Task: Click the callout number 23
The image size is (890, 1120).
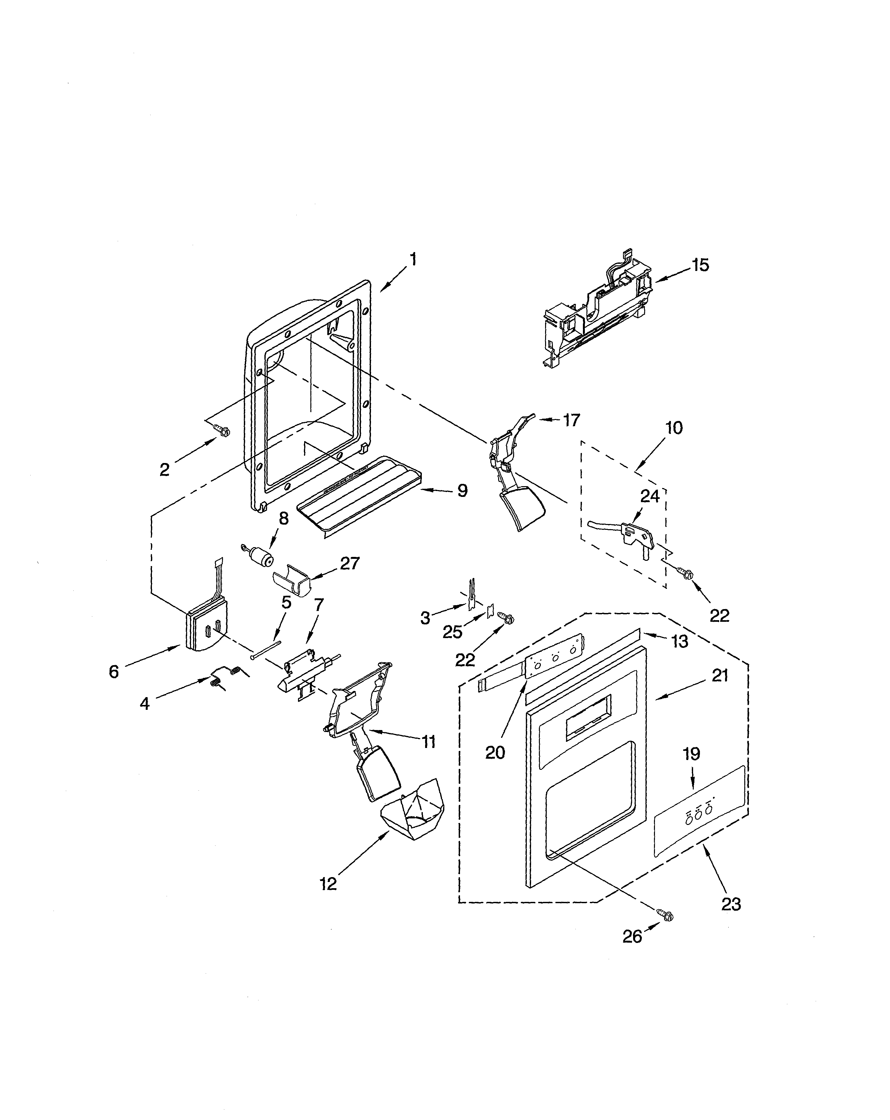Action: tap(731, 904)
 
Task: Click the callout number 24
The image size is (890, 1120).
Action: tap(650, 496)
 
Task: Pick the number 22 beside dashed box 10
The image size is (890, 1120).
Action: tap(719, 616)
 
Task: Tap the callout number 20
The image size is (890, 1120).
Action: tap(495, 752)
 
